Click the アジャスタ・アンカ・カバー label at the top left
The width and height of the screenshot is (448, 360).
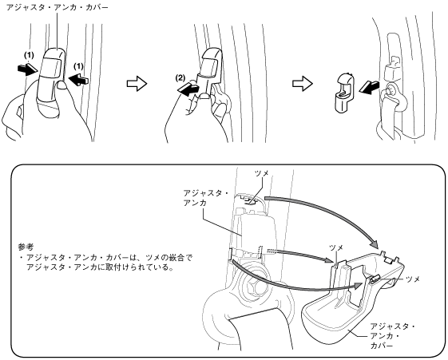(57, 7)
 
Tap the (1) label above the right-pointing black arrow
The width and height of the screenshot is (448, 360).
(29, 55)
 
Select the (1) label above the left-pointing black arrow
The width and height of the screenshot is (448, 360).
(78, 66)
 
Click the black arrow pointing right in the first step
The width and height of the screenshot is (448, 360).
(26, 69)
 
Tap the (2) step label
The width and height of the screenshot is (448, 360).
(180, 78)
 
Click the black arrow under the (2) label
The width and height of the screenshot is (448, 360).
(188, 89)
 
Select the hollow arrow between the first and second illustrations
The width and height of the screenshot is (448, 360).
(137, 84)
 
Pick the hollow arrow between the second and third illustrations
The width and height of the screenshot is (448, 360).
(303, 84)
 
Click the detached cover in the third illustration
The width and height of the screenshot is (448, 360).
(344, 93)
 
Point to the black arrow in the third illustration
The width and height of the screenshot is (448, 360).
(369, 87)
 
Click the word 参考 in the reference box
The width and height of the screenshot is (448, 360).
(25, 247)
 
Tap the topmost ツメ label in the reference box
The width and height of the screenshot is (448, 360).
(262, 173)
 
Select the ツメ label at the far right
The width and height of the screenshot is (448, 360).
(413, 279)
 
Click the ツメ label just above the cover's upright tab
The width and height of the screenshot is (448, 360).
(336, 247)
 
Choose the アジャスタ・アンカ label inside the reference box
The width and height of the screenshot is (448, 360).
(206, 198)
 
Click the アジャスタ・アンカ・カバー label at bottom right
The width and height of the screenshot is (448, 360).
(393, 336)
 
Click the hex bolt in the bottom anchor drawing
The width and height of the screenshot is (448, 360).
(254, 286)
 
